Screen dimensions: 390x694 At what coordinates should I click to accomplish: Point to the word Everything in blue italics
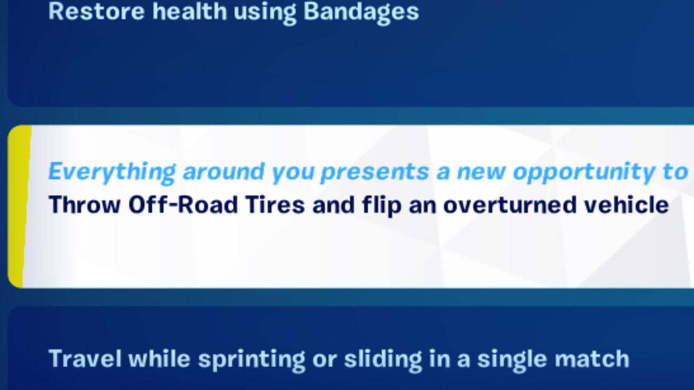click(112, 172)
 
